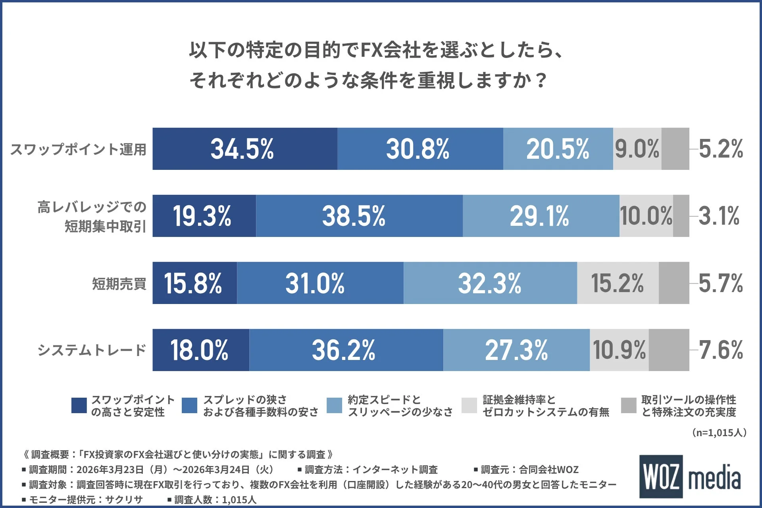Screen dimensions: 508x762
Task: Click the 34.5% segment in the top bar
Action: coord(244,149)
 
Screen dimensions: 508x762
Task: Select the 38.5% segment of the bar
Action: coord(359,216)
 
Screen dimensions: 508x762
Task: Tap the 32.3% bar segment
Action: coord(490,283)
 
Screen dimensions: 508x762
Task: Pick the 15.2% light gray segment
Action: coord(618,283)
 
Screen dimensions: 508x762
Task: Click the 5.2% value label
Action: coord(720,149)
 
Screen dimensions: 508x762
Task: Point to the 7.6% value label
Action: coord(720,350)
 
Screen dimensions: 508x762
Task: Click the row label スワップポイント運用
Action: coord(78,150)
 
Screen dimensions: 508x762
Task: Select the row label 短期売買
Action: coord(119,284)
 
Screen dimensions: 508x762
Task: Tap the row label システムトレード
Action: coord(92,350)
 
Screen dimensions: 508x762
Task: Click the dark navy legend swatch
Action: coord(79,406)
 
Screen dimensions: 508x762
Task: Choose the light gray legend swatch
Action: coord(469,406)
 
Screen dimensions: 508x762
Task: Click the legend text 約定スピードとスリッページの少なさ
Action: coord(400,406)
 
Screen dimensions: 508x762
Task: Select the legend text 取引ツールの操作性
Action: coord(689,400)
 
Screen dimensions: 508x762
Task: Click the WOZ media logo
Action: coord(690,477)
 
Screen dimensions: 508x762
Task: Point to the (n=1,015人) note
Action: coord(719,433)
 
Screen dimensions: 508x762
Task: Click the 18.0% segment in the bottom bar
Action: coord(200,350)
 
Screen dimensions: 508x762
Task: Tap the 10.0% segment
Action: coord(646,216)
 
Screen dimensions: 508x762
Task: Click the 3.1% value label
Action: coord(718,216)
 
